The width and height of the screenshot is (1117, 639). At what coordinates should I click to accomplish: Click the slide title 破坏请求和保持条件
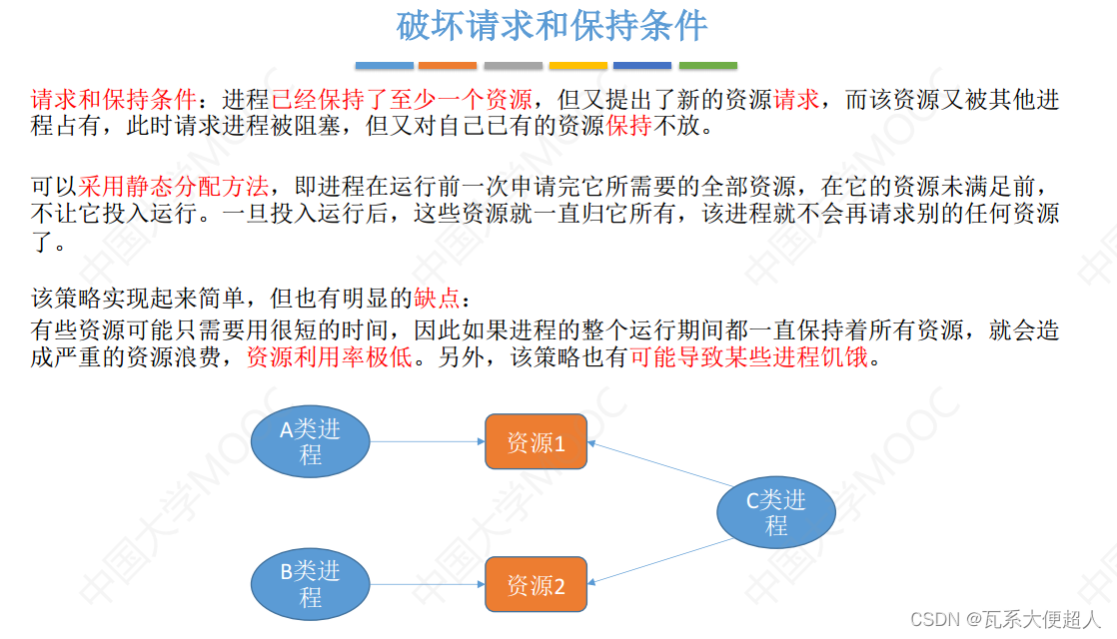coord(552,26)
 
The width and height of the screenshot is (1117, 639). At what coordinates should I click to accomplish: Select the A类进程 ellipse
coord(310,441)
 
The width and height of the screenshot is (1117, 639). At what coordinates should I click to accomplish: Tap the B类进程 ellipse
coord(310,584)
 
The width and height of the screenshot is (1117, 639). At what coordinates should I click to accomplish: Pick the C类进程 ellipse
coord(776,512)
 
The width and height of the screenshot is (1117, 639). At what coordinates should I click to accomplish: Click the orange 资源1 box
coord(536,442)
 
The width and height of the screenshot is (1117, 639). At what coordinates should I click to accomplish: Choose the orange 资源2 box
coord(536,585)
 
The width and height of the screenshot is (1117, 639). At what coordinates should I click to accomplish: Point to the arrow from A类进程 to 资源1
coord(428,441)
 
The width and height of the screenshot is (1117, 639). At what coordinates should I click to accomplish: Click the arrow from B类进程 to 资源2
coord(428,584)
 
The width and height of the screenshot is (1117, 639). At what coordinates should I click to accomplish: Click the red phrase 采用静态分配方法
coord(175,186)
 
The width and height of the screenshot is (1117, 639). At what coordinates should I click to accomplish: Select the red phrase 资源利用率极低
coord(329,357)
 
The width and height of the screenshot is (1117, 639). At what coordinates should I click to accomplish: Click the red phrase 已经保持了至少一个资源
coord(402,100)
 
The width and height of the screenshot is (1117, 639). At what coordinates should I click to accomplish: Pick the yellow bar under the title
coord(577,66)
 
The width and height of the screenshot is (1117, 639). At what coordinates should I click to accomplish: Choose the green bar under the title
coord(707,66)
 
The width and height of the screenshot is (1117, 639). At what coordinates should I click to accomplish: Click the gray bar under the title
coord(513,66)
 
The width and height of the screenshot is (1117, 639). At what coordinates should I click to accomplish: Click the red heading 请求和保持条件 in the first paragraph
coord(114,100)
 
